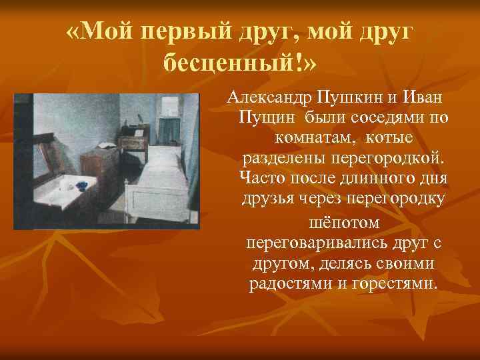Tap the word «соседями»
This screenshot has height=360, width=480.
click(x=383, y=118)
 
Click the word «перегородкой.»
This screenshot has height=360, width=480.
click(x=395, y=159)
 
